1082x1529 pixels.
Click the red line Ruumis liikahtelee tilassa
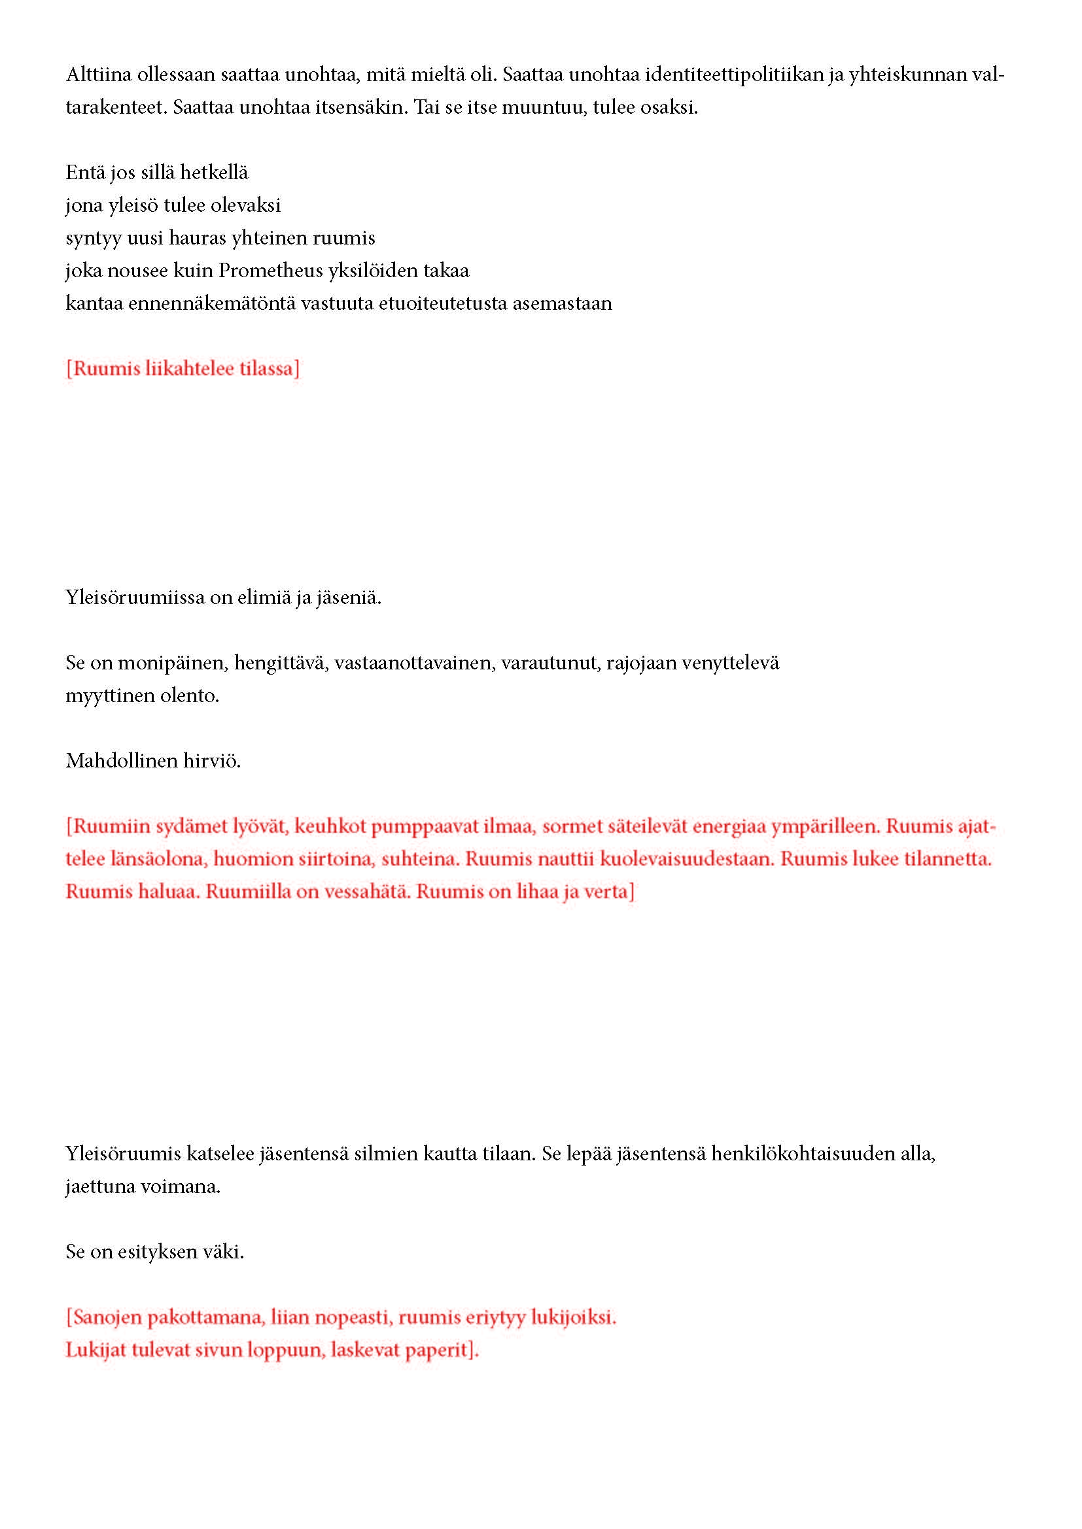pyautogui.click(x=183, y=368)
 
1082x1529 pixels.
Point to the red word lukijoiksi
pyautogui.click(x=573, y=1317)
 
